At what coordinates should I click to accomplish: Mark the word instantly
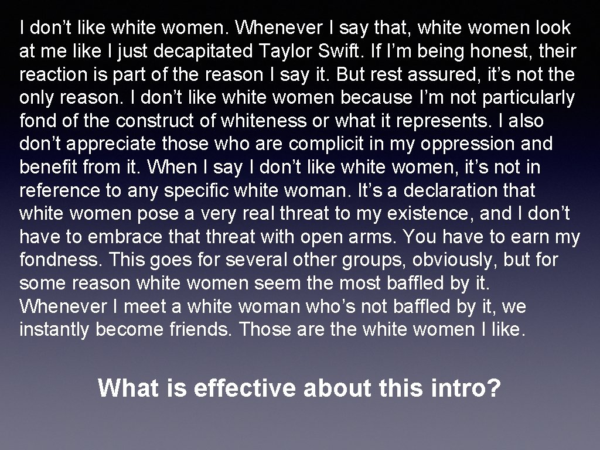54,329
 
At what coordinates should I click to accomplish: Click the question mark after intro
494,388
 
